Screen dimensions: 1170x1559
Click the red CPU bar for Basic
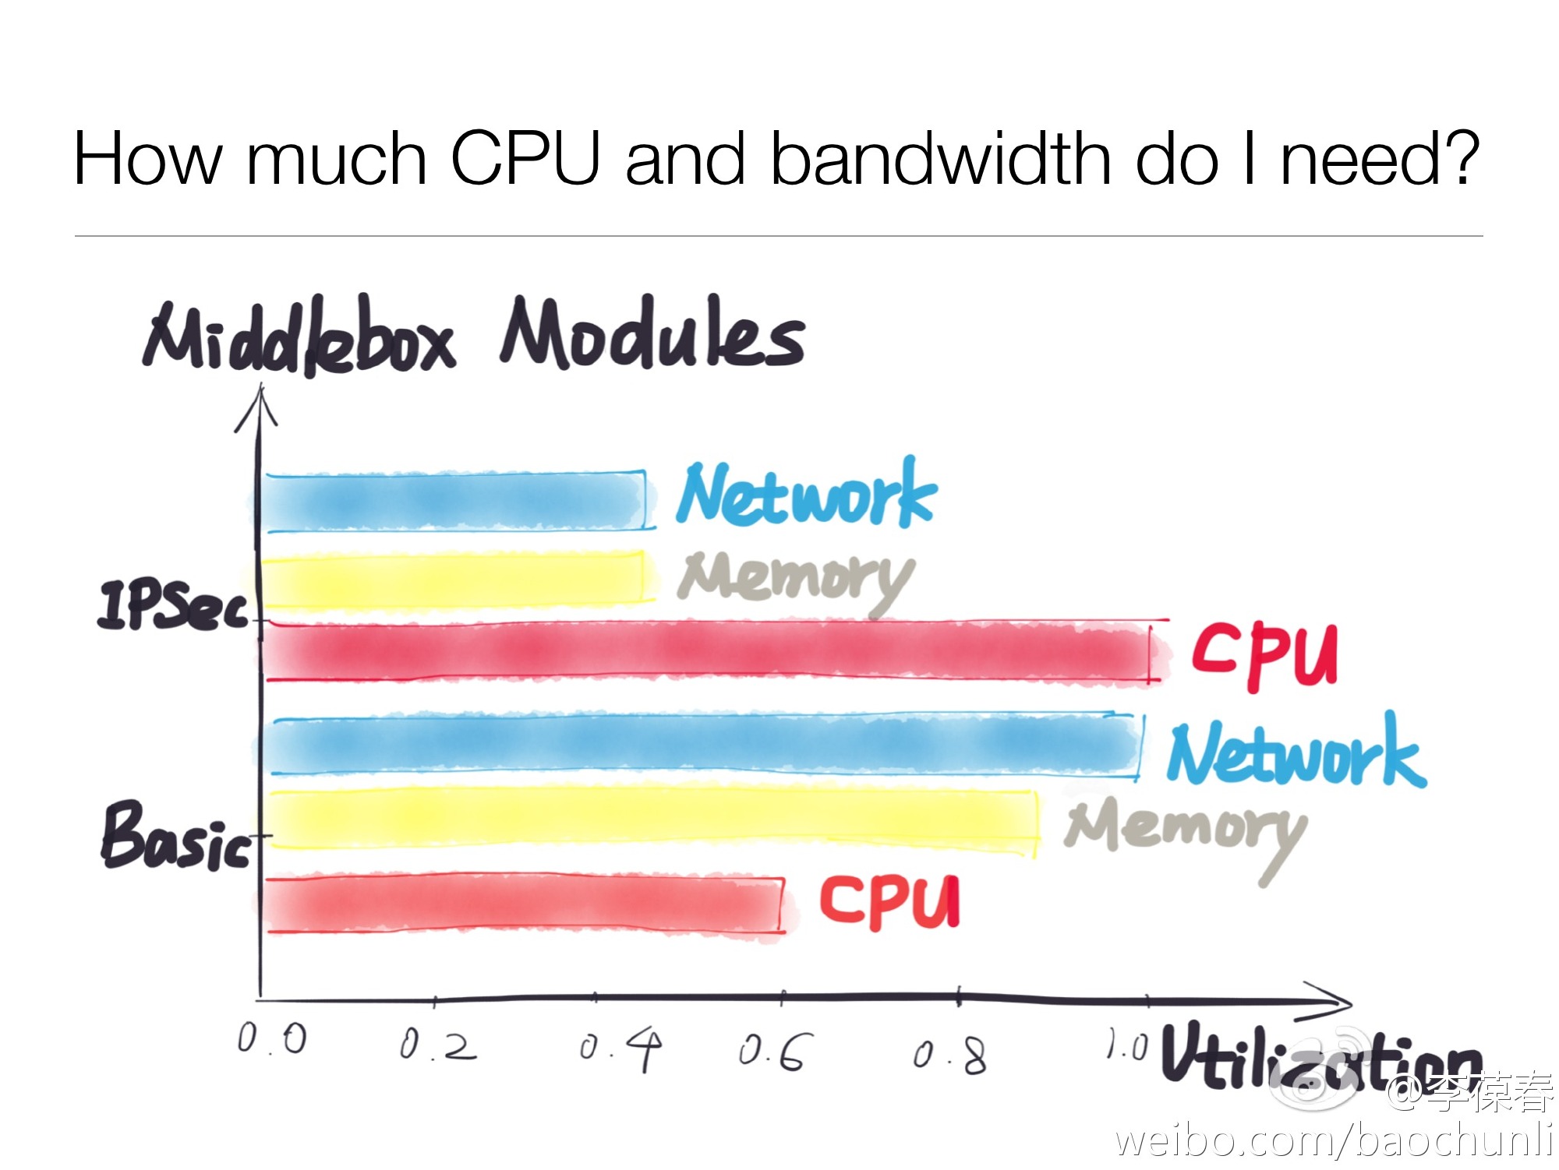pos(522,904)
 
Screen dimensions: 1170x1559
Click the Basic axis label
pos(176,837)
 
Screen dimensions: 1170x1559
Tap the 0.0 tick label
pos(272,1039)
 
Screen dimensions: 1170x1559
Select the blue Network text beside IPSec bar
pos(807,495)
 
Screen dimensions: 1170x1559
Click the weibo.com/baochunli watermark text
pos(1333,1140)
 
